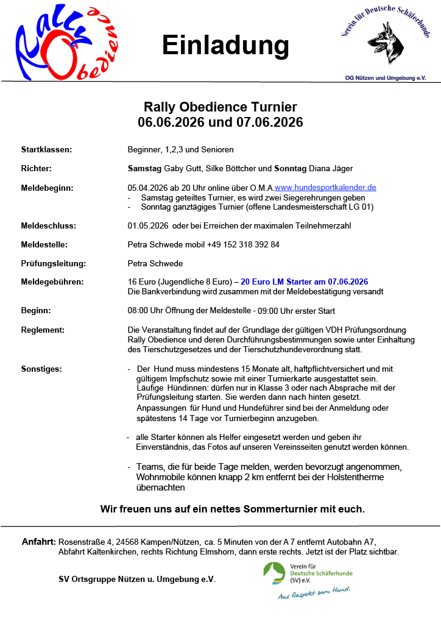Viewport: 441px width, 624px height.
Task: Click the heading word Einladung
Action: coord(225,46)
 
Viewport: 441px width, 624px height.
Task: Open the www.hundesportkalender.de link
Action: coord(325,188)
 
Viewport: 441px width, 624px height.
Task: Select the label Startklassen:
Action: coord(47,149)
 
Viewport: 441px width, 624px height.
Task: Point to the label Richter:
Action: coord(37,168)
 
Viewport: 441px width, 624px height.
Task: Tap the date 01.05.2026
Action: coord(148,225)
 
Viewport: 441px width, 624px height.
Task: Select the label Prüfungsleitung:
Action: coord(53,264)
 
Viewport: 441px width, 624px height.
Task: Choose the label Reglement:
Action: coord(43,330)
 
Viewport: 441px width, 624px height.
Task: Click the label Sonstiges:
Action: coord(41,369)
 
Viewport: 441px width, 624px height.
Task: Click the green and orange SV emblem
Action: coord(274,573)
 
